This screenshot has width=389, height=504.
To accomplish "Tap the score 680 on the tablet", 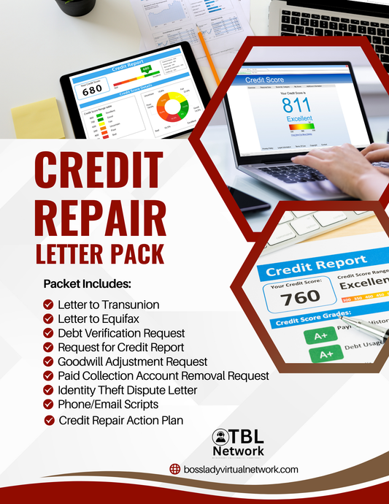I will (x=93, y=91).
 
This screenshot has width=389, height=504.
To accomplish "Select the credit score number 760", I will (x=301, y=296).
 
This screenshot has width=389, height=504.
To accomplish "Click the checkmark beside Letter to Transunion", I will (x=49, y=305).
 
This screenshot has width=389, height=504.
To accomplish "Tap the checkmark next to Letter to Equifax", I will (x=49, y=319).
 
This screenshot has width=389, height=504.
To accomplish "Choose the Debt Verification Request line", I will (x=121, y=333).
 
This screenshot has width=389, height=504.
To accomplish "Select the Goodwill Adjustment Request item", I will (x=132, y=362).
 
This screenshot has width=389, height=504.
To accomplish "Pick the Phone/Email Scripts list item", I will (x=108, y=404).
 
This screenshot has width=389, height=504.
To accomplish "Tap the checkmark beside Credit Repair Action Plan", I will (x=49, y=420).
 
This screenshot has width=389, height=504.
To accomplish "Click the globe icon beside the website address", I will (x=174, y=470).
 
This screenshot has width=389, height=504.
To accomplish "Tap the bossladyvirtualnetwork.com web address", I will (x=241, y=470).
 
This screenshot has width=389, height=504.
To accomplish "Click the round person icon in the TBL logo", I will (x=220, y=438).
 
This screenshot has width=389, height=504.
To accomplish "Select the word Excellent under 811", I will (x=299, y=118).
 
